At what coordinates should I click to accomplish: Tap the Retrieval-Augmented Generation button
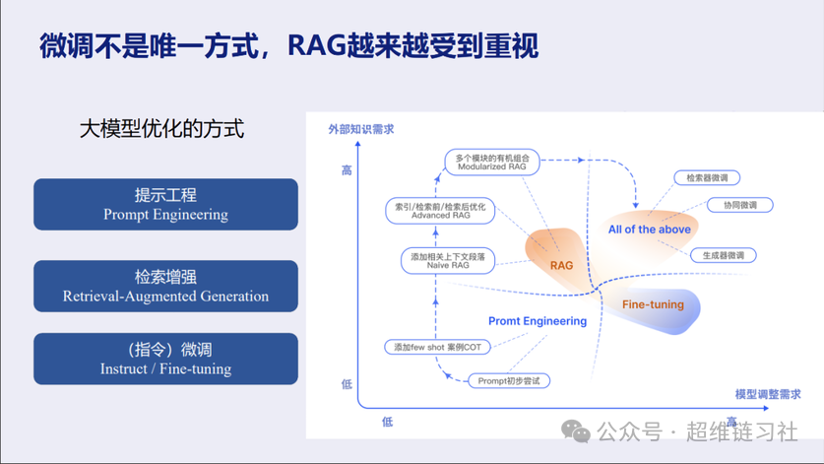point(165,286)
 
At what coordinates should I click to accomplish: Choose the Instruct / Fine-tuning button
point(165,359)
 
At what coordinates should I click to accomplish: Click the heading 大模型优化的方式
point(161,129)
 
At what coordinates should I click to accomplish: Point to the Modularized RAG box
point(492,162)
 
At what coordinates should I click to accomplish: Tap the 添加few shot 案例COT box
point(437,347)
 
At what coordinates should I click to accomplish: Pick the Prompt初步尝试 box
point(509,380)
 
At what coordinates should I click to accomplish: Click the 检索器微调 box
point(707,178)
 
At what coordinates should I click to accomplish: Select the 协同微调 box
point(740,205)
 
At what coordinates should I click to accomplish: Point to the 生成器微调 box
point(723,255)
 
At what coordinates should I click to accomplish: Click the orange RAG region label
point(561,265)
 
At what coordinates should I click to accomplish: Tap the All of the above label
point(650,230)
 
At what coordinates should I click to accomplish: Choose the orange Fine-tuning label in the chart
point(653,304)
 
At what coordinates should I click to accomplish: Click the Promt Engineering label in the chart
point(538,321)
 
